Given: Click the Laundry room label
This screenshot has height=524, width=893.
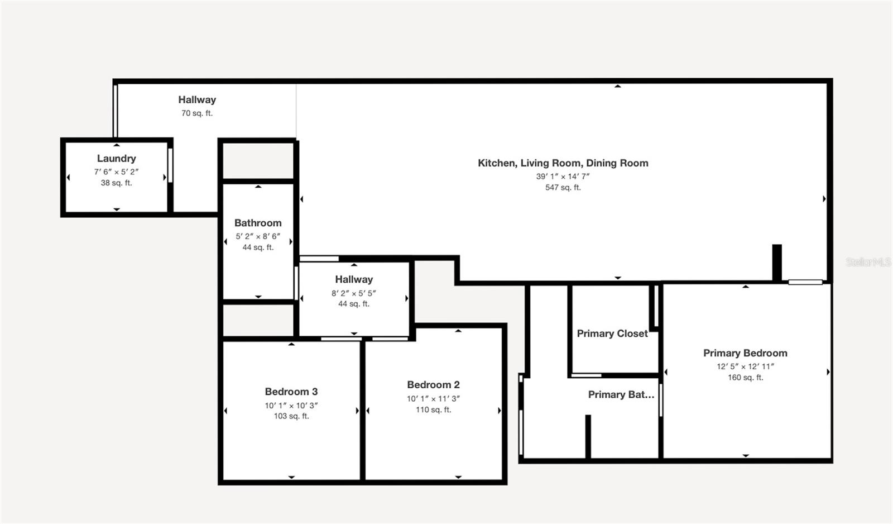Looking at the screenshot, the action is pyautogui.click(x=117, y=159).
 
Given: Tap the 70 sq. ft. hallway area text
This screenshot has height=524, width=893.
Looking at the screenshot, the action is pyautogui.click(x=197, y=113).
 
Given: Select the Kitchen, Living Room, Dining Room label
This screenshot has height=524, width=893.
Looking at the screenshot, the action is pyautogui.click(x=563, y=163).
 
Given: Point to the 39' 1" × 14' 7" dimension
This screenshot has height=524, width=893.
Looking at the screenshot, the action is pyautogui.click(x=563, y=177).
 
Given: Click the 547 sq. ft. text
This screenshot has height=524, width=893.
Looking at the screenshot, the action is pyautogui.click(x=563, y=188).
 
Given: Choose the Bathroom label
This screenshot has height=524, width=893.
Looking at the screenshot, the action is pyautogui.click(x=258, y=223).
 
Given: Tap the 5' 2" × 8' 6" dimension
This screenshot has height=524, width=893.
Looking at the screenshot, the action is pyautogui.click(x=258, y=236).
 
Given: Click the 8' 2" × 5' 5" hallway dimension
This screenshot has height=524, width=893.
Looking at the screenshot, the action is pyautogui.click(x=354, y=293).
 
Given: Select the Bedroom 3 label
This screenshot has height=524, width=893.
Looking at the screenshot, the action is pyautogui.click(x=291, y=392).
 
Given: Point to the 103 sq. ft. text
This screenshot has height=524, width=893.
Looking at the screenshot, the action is pyautogui.click(x=291, y=416).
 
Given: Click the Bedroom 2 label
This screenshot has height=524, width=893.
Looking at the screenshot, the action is pyautogui.click(x=433, y=385).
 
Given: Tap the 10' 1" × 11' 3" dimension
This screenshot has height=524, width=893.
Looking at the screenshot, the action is pyautogui.click(x=433, y=399).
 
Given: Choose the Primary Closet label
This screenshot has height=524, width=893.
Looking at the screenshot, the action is pyautogui.click(x=612, y=334).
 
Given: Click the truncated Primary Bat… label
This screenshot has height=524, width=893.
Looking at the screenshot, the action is pyautogui.click(x=621, y=395).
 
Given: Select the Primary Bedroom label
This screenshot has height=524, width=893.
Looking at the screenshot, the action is pyautogui.click(x=745, y=353).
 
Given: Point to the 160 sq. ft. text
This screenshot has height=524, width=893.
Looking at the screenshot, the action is pyautogui.click(x=746, y=378).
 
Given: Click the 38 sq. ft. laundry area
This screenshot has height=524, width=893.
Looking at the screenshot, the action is pyautogui.click(x=117, y=183).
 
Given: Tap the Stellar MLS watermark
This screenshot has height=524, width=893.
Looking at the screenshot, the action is pyautogui.click(x=868, y=262).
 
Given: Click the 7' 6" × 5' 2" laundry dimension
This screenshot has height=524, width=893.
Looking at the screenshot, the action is pyautogui.click(x=117, y=172).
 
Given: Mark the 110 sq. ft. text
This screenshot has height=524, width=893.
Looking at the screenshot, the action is pyautogui.click(x=433, y=410).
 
